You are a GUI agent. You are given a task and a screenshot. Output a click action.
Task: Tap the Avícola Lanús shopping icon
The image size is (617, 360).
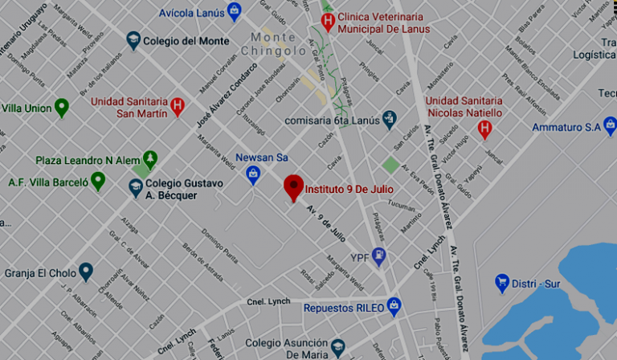tap(235, 11)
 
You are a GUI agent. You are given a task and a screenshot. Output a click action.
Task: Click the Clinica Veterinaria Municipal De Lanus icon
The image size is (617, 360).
tap(327, 22)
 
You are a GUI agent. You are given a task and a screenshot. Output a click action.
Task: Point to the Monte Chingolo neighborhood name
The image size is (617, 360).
tap(278, 44)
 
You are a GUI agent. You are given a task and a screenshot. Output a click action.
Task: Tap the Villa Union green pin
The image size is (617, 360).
tap(62, 108)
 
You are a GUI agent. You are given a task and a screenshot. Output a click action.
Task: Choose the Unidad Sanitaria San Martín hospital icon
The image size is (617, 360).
tap(178, 105)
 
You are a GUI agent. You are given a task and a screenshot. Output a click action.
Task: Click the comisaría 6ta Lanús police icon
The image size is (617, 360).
tap(390, 120)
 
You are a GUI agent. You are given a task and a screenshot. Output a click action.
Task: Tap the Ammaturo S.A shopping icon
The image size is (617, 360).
tap(610, 126)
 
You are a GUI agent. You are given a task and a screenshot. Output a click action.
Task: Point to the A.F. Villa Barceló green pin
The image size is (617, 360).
tap(98, 182)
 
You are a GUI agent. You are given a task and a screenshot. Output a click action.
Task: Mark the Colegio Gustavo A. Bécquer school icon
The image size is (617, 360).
tap(137, 187)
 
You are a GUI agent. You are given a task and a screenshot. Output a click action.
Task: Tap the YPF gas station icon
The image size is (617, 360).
tap(379, 256)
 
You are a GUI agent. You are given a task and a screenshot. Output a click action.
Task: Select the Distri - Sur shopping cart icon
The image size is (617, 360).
tap(502, 283)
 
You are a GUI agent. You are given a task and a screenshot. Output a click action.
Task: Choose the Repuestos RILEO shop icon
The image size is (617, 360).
tap(394, 306)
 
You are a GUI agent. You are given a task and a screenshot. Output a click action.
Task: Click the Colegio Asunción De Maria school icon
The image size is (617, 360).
tap(338, 347)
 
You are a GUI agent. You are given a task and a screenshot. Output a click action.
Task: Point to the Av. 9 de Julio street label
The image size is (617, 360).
tap(327, 218)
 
